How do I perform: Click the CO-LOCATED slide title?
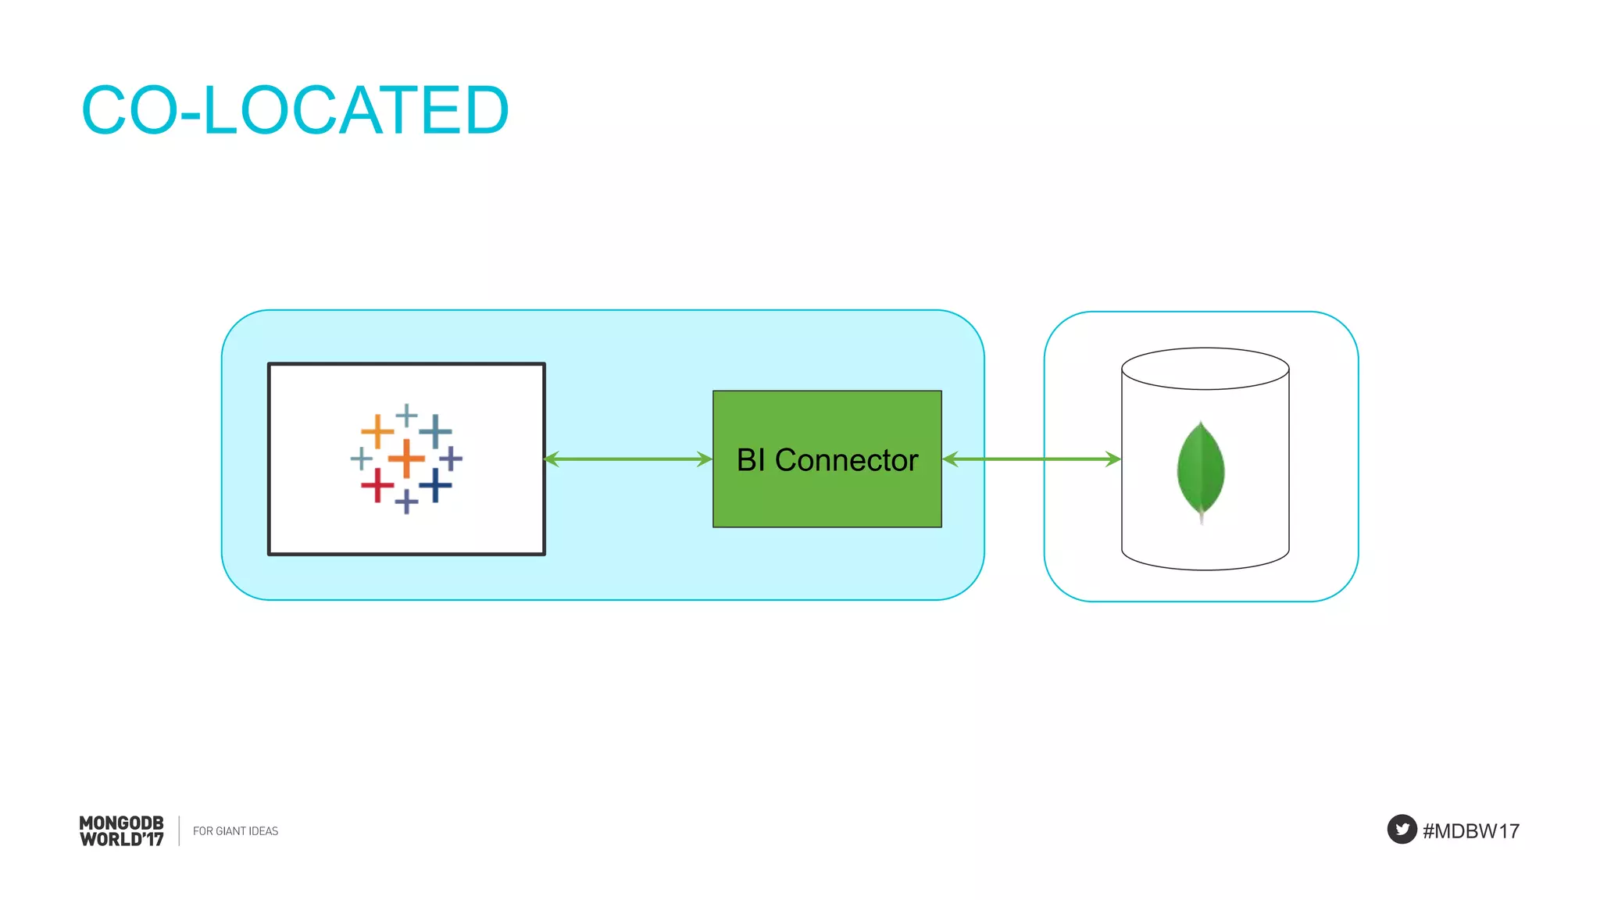coord(295,110)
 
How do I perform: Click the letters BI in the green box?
coord(750,460)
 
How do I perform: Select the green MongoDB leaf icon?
coord(1201,470)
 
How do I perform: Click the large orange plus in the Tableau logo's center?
coord(406,458)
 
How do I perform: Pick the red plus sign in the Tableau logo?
coord(377,485)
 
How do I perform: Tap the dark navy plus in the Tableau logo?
coord(435,485)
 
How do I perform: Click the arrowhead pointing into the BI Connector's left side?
coord(705,459)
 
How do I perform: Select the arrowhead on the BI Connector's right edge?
coord(950,459)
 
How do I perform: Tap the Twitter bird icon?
coord(1402,829)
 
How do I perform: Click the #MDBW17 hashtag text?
coord(1470,830)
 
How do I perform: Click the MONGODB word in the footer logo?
coord(121,823)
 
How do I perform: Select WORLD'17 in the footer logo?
coord(121,840)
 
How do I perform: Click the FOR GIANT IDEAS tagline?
coord(235,831)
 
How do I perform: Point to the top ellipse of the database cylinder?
coord(1205,368)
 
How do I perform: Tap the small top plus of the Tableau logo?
coord(406,415)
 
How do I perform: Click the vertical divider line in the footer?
coord(179,830)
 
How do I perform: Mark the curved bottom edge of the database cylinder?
coord(1205,570)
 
